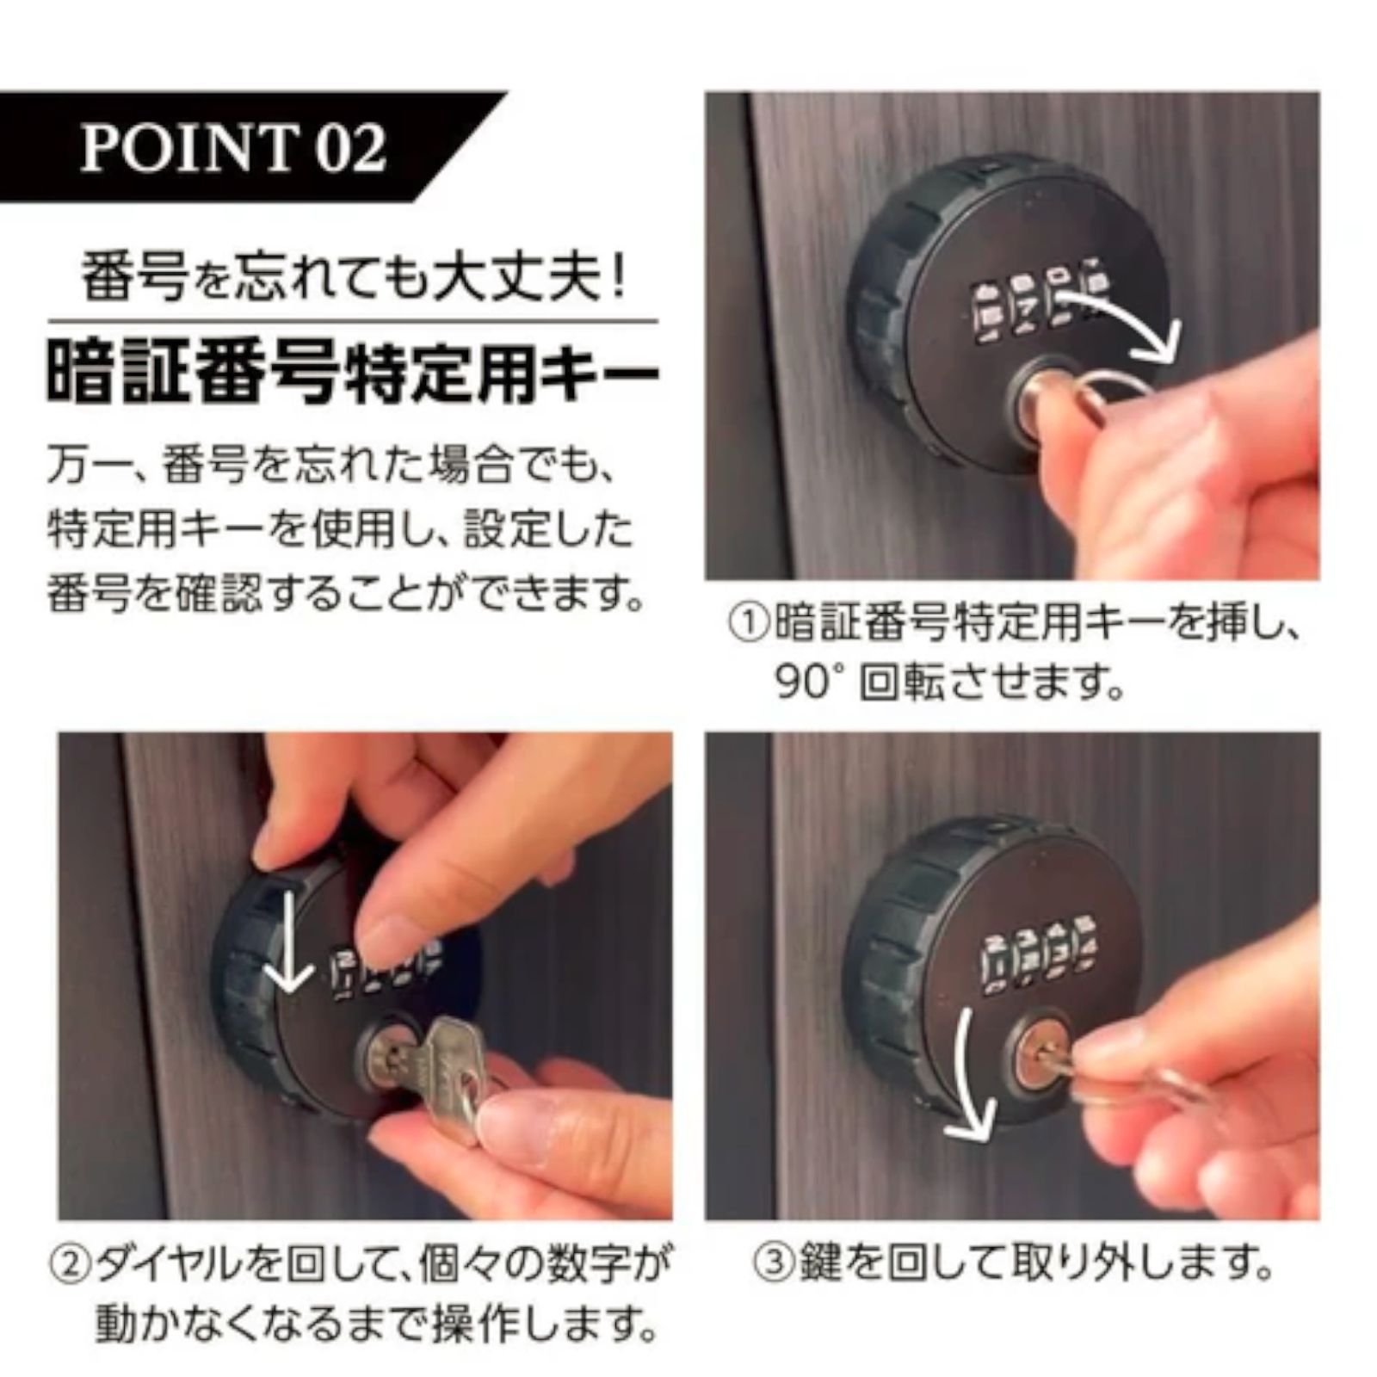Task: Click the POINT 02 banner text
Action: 232,148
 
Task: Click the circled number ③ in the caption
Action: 772,1264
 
